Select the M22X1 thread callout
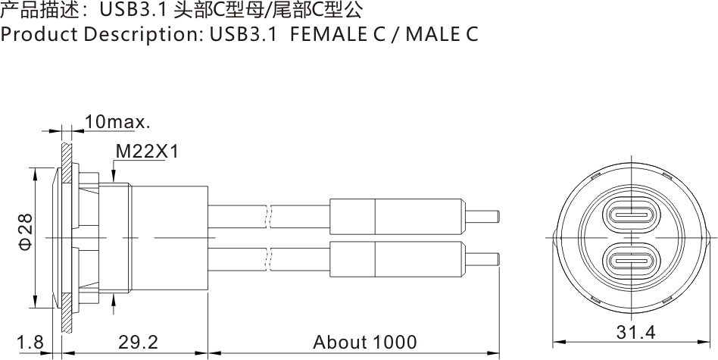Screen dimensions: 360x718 coord(146,152)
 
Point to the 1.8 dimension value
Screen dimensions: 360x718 coord(30,343)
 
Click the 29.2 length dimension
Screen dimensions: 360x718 coord(138,343)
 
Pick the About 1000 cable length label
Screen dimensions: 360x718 coord(365,343)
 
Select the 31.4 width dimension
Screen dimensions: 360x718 coord(635,332)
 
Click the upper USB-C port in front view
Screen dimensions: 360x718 coord(632,214)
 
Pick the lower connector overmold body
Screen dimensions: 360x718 coord(395,260)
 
